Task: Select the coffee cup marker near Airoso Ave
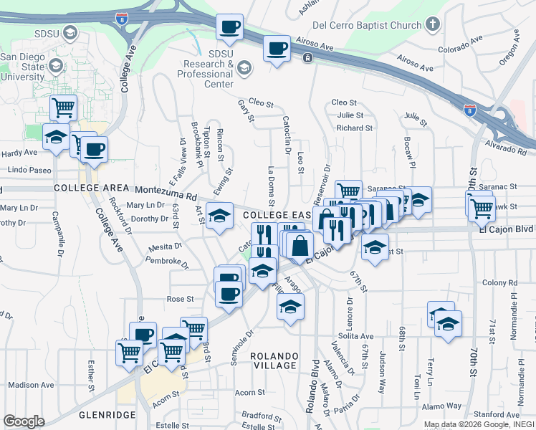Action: click(277, 49)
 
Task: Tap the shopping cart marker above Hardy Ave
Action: click(64, 107)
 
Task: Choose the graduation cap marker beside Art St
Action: click(220, 214)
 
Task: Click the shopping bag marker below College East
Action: click(301, 245)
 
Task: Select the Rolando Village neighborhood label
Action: click(274, 360)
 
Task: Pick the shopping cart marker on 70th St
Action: click(482, 208)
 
